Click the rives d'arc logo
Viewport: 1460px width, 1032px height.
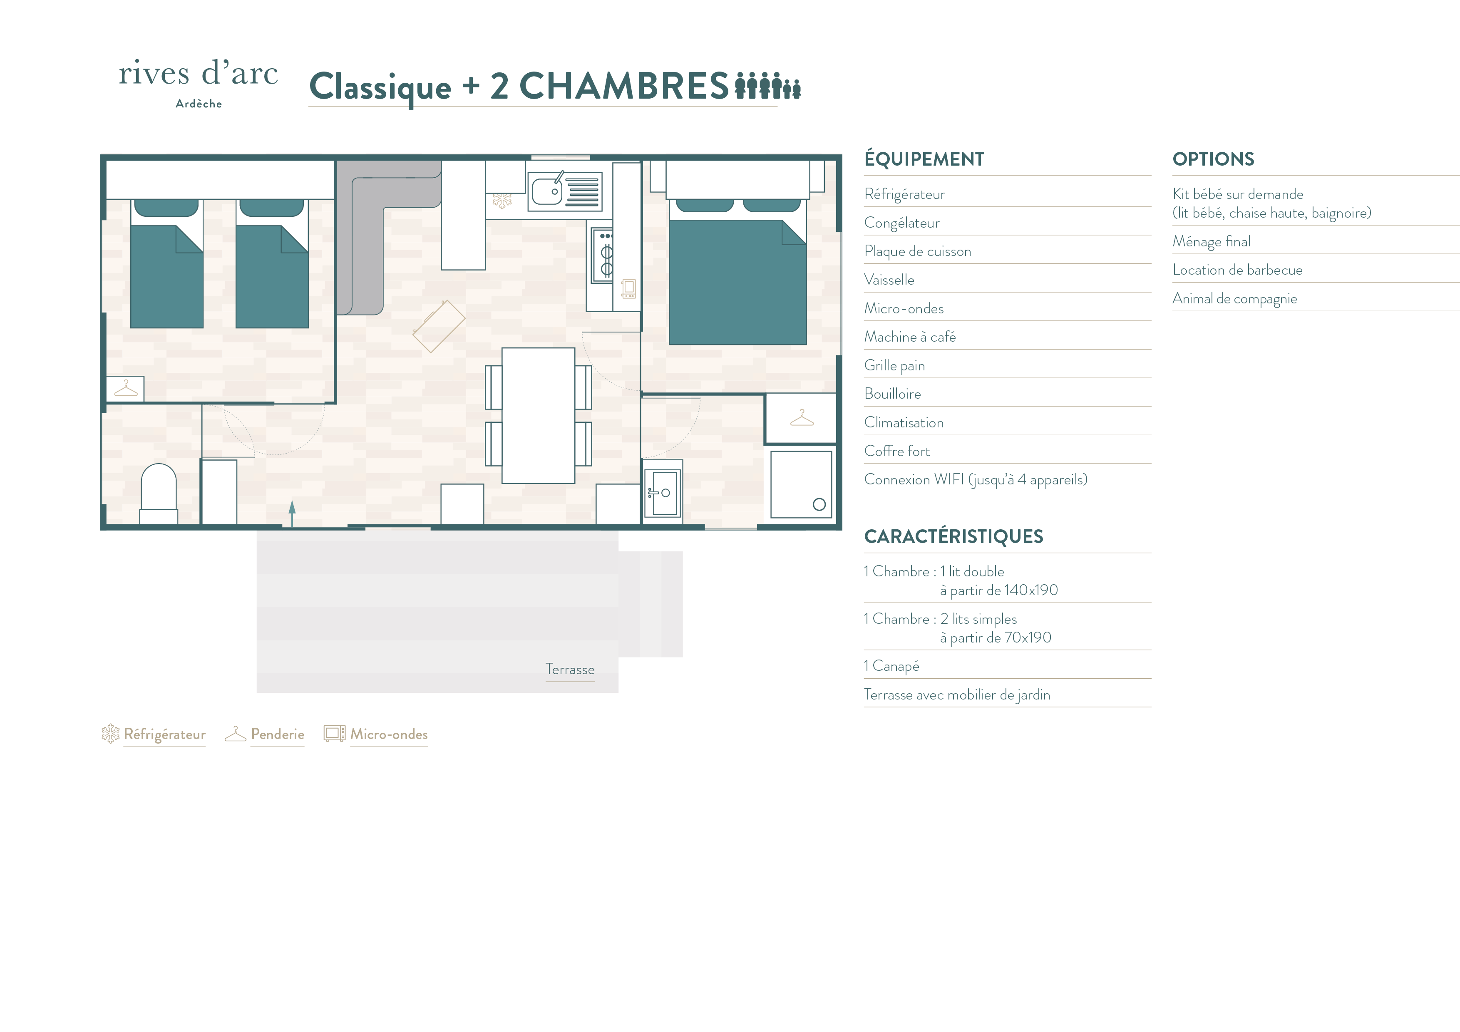[199, 83]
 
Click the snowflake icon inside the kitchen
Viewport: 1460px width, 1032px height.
[502, 201]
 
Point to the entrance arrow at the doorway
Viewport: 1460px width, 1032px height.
[292, 514]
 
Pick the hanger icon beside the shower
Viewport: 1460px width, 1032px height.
[802, 418]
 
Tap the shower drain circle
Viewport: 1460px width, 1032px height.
[819, 504]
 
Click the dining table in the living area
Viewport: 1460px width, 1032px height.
[539, 415]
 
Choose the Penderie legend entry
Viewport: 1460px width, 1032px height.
[265, 734]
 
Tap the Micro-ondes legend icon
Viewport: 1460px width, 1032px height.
[335, 733]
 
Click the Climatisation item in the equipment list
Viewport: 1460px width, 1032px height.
[904, 422]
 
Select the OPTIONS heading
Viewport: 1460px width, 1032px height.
[1213, 159]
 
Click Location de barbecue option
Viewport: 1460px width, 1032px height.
[1237, 270]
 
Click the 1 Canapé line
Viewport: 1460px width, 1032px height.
[891, 666]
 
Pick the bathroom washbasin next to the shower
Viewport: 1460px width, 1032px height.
[663, 493]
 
